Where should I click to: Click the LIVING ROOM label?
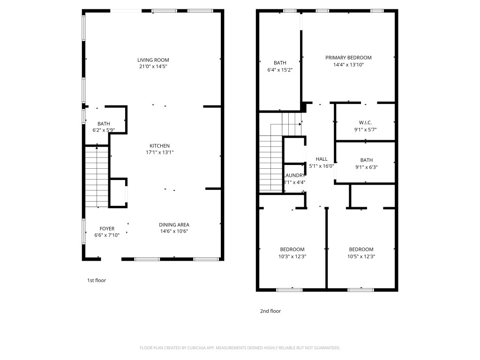153,60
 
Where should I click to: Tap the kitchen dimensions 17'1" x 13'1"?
159,152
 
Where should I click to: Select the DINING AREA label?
174,225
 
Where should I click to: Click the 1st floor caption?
97,280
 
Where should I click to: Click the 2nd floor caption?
270,311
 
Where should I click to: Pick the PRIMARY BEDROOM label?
348,58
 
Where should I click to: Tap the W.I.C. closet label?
365,123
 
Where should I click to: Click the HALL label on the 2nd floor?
322,159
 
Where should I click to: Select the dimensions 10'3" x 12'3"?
292,256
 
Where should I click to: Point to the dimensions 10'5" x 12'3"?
361,256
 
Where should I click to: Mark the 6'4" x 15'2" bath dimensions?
280,70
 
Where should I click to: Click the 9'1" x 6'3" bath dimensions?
367,167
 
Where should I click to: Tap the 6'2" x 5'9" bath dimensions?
104,130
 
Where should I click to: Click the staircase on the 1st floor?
97,176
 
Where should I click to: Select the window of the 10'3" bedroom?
289,290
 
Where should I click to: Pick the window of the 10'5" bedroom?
360,290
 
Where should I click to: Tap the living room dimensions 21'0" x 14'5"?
153,67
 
